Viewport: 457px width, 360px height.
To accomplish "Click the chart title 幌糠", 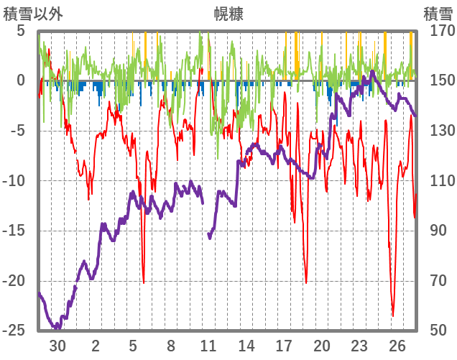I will coord(228,14).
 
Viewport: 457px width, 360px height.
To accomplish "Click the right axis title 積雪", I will coord(438,14).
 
